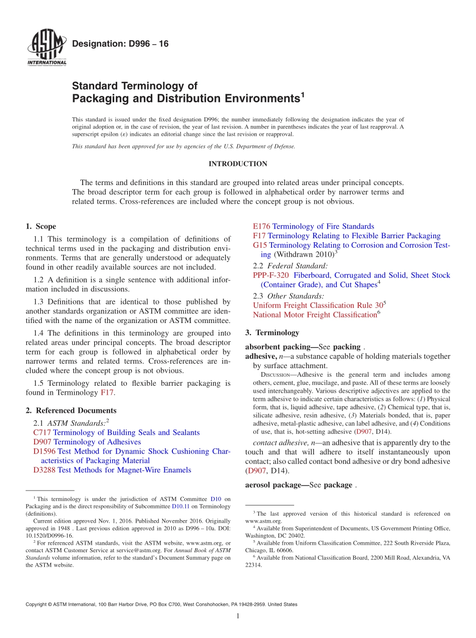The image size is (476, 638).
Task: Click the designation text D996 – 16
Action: point(120,44)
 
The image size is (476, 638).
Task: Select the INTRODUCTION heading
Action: point(238,164)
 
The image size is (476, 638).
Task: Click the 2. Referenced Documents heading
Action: point(71,410)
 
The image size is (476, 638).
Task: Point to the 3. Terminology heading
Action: point(272,333)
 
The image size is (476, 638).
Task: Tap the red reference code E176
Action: point(262,226)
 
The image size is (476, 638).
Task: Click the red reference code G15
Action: point(260,245)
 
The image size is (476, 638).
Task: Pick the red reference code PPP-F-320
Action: point(271,275)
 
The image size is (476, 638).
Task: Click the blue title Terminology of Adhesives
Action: point(97,442)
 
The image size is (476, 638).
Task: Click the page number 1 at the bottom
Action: point(238,616)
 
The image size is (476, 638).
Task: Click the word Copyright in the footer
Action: point(37,604)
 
